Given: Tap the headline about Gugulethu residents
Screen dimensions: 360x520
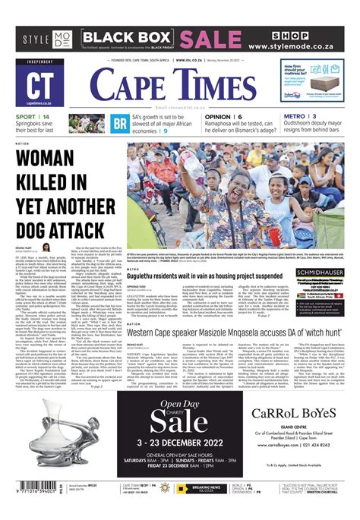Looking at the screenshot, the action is point(216,277).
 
